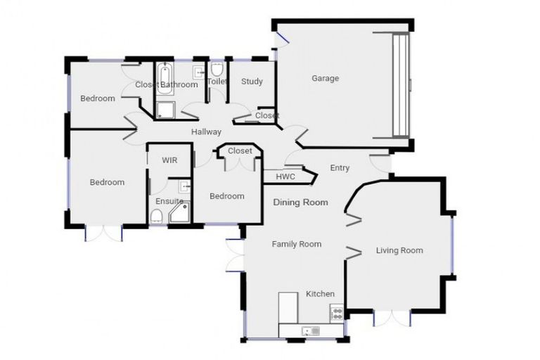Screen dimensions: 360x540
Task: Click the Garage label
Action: (x=325, y=78)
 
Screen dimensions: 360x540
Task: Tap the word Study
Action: (x=252, y=82)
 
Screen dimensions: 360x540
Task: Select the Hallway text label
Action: (x=206, y=132)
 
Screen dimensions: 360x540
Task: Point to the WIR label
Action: (x=169, y=160)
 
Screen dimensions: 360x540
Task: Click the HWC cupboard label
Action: (x=285, y=176)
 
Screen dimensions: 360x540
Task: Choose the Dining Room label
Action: (x=300, y=202)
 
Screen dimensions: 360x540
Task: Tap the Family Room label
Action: (x=297, y=244)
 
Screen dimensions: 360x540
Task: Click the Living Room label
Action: (x=399, y=250)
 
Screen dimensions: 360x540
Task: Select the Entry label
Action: (x=340, y=167)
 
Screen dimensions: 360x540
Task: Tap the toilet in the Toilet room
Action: (x=217, y=70)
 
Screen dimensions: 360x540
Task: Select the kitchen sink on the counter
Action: (x=309, y=330)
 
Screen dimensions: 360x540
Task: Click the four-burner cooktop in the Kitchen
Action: (x=337, y=313)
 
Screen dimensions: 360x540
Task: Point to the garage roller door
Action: (x=400, y=84)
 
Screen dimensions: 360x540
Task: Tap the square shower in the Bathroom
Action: (x=165, y=110)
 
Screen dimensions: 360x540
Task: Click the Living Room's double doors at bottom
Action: (x=392, y=318)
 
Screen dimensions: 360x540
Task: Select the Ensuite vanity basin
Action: (x=184, y=188)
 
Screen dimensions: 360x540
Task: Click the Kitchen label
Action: (x=320, y=294)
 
